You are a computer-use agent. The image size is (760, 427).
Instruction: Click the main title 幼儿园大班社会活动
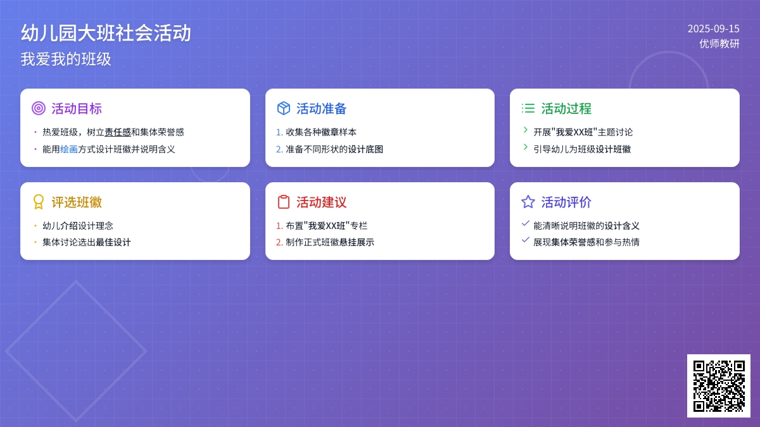106,33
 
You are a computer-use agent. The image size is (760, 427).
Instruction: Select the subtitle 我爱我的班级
66,59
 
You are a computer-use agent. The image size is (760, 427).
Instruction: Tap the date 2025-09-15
714,29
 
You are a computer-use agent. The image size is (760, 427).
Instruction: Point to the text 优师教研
719,44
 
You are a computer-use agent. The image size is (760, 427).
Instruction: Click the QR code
719,386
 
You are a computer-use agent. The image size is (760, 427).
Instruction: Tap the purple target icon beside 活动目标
39,108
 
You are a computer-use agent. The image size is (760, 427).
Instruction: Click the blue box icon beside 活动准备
284,108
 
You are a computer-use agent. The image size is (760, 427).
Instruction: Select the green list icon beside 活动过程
528,108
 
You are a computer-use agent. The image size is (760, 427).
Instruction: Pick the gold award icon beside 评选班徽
39,202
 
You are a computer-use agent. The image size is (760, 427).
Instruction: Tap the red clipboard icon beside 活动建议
284,202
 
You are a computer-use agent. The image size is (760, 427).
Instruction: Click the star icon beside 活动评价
528,202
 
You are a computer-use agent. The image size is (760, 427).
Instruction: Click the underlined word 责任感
118,132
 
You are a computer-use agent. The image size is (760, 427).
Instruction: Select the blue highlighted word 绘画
69,149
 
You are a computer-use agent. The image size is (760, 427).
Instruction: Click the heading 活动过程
566,108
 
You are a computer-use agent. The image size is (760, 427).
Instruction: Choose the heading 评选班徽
77,202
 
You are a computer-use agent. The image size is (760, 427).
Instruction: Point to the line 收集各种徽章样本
321,132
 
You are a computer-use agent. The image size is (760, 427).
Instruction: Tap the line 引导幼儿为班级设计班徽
582,149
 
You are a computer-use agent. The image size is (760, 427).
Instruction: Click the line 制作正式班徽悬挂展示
330,242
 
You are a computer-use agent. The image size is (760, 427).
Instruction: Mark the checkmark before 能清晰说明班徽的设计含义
526,223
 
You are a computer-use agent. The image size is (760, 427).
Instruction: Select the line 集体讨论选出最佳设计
87,242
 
